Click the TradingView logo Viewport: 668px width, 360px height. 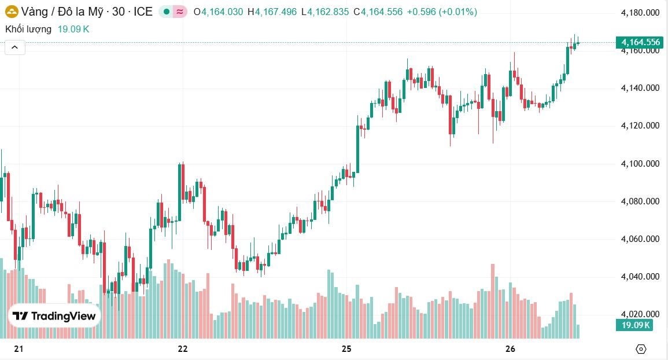point(54,316)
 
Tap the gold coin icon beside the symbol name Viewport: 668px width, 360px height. point(12,12)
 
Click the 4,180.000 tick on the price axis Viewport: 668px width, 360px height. point(640,13)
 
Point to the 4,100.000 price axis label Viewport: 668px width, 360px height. point(640,164)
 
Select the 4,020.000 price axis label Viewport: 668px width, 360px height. point(640,314)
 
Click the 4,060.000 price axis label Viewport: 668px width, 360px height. point(640,239)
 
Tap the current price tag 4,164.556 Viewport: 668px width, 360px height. point(640,42)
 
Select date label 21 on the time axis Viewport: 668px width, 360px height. point(19,349)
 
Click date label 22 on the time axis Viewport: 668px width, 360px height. point(183,349)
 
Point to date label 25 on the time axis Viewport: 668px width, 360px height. point(346,349)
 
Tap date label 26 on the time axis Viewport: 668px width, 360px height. point(510,349)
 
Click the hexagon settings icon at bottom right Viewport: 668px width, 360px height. point(641,349)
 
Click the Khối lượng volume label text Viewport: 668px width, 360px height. point(28,29)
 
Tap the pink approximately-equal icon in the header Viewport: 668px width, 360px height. point(180,12)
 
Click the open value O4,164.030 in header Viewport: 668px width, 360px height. point(219,12)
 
